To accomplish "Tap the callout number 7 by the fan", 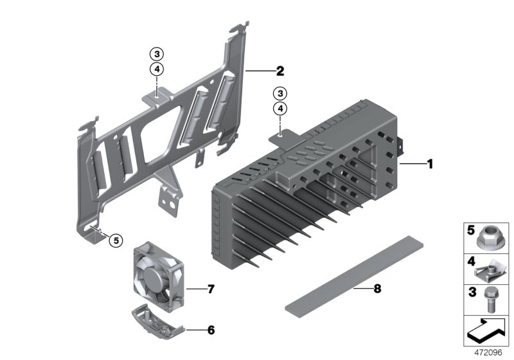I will click(211, 289).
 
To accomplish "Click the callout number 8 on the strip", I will click(377, 289).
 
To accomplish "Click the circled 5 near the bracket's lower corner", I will click(115, 240).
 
